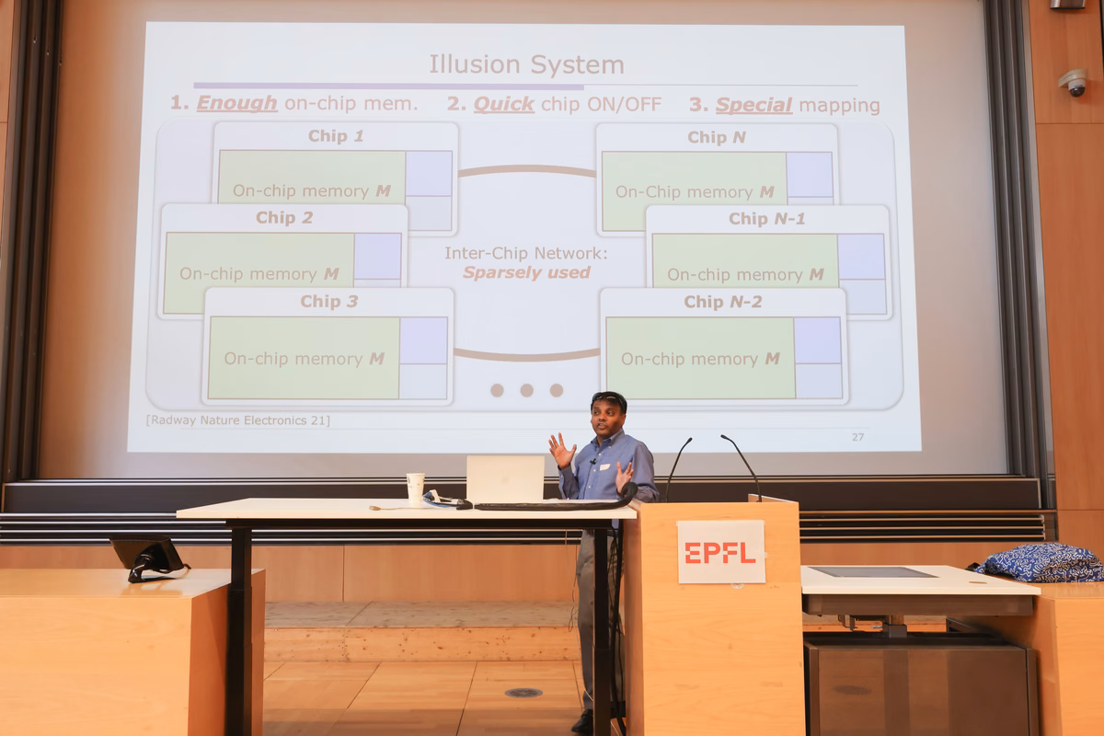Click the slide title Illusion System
[526, 64]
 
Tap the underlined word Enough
[237, 103]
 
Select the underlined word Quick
[504, 104]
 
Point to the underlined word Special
[753, 105]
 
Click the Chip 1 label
[336, 136]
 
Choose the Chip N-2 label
[723, 302]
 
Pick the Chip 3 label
[329, 301]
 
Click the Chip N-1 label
[767, 219]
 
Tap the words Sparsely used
[526, 272]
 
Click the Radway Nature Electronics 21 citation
[238, 420]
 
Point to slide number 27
[857, 437]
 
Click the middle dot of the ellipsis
[526, 390]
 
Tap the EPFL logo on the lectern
[720, 553]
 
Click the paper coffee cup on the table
[415, 489]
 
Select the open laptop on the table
[505, 479]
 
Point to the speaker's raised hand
[562, 450]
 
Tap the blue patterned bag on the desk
[1041, 562]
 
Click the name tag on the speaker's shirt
[604, 466]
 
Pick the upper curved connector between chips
[527, 169]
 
